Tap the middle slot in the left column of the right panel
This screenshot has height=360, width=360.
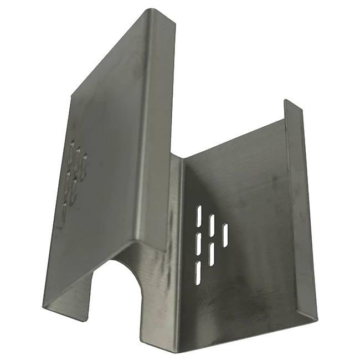click(198, 242)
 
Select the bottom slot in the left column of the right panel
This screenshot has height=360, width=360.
click(198, 269)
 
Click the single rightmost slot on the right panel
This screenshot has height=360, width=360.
click(225, 233)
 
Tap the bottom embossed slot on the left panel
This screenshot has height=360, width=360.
click(64, 213)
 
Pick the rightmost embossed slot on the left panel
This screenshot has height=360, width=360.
click(85, 166)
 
